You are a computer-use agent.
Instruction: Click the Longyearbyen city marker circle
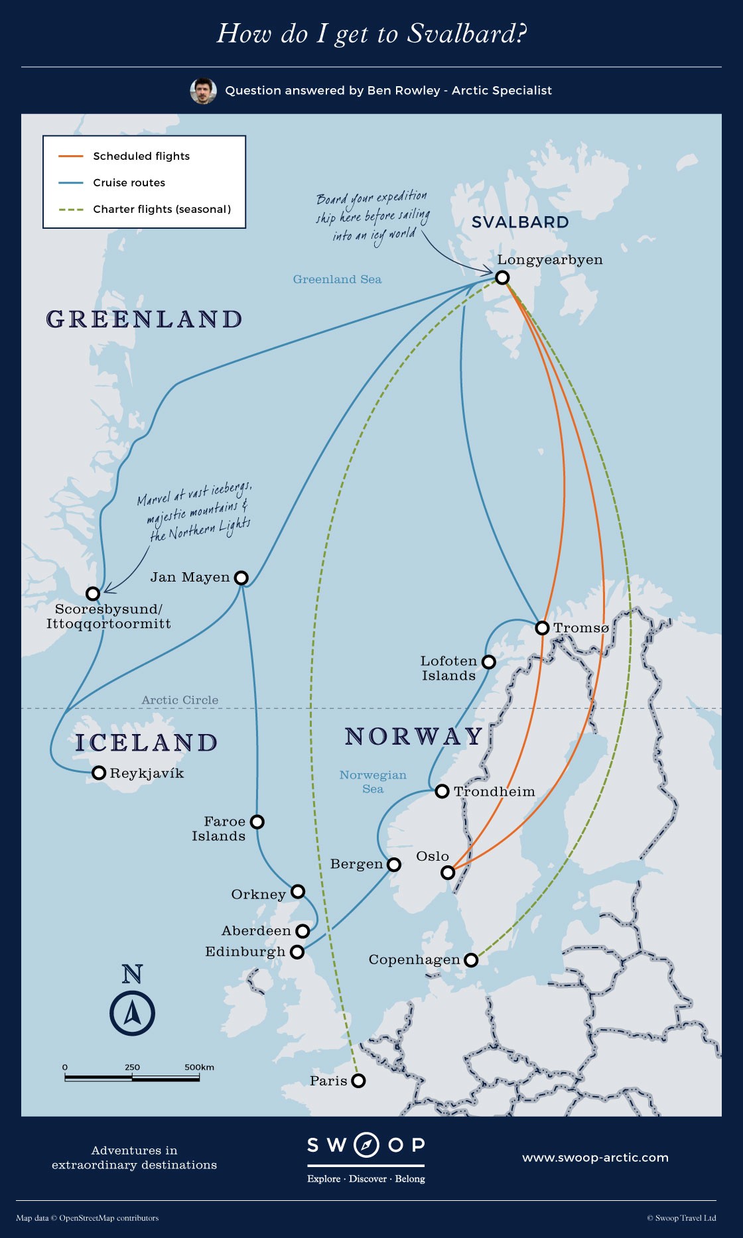pyautogui.click(x=502, y=277)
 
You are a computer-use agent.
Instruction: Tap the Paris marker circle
pyautogui.click(x=358, y=1081)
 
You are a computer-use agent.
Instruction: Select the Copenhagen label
pyautogui.click(x=414, y=959)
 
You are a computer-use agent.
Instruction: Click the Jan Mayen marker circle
pyautogui.click(x=241, y=578)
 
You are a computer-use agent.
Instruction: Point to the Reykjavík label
pyautogui.click(x=147, y=773)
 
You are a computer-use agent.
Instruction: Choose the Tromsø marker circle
pyautogui.click(x=542, y=627)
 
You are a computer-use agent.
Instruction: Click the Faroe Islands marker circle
pyautogui.click(x=257, y=822)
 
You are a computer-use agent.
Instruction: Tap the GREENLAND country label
pyautogui.click(x=144, y=319)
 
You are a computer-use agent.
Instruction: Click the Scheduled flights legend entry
pyautogui.click(x=141, y=156)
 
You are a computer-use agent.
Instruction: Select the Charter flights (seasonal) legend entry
pyautogui.click(x=162, y=209)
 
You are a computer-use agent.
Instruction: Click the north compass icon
pyautogui.click(x=132, y=1013)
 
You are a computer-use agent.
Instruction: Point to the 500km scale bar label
pyautogui.click(x=199, y=1067)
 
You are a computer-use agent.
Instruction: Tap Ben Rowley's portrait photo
pyautogui.click(x=203, y=91)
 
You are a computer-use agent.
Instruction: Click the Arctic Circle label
pyautogui.click(x=180, y=700)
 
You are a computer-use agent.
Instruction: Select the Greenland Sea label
pyautogui.click(x=337, y=279)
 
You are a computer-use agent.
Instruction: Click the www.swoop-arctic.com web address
pyautogui.click(x=595, y=1157)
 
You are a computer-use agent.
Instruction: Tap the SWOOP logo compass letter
pyautogui.click(x=366, y=1145)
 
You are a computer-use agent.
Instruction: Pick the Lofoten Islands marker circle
pyautogui.click(x=489, y=662)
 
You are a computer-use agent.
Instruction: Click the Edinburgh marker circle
pyautogui.click(x=297, y=952)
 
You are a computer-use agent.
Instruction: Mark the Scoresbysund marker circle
pyautogui.click(x=93, y=593)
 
